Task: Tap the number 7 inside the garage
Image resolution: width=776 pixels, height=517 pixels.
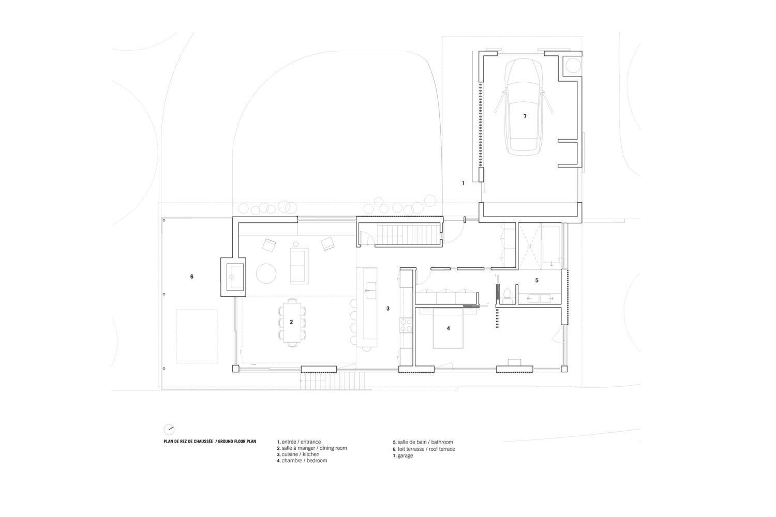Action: point(525,117)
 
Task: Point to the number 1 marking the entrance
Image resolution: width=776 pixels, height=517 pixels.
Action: point(463,183)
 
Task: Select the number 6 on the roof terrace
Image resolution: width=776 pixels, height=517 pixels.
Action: point(191,277)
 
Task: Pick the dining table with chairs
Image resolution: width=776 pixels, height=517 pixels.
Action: point(291,322)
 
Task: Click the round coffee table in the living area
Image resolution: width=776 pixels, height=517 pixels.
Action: point(268,272)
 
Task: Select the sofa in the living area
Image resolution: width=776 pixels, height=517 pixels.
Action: point(299,265)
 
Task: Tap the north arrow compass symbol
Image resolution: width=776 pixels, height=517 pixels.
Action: point(169,429)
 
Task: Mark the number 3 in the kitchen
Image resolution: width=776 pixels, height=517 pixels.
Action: point(387,309)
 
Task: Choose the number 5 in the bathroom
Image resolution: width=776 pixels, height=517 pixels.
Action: point(536,280)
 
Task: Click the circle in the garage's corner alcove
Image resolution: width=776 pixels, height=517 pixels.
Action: point(573,65)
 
